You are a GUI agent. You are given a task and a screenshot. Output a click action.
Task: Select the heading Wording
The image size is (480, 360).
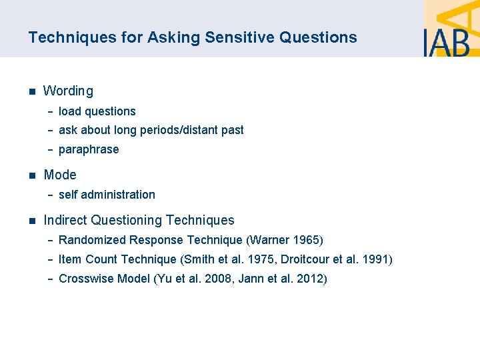(68, 91)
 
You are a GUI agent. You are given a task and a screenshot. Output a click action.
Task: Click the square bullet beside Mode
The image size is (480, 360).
(31, 175)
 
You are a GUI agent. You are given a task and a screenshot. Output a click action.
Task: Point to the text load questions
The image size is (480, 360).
(97, 111)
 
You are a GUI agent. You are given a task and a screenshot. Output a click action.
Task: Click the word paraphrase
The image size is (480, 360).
(89, 149)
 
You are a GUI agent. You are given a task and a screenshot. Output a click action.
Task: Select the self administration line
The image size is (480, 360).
(107, 195)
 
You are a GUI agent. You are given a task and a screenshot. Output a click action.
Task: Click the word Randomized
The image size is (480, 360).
(93, 240)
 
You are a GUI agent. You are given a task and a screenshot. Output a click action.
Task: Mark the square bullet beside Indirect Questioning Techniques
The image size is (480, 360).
(31, 221)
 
